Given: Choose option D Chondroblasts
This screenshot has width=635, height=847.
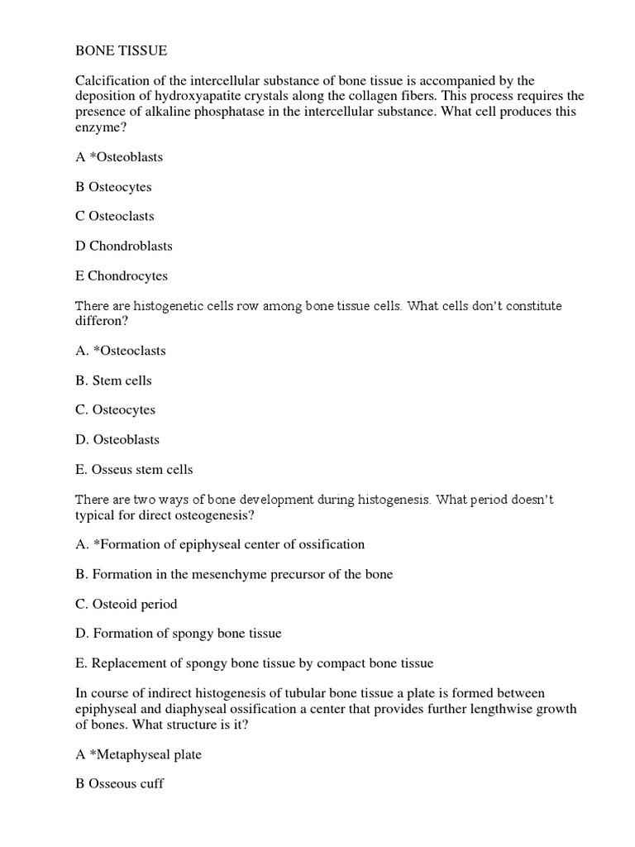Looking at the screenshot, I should click(x=124, y=246).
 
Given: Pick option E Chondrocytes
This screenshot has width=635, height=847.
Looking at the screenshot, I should click(x=122, y=275).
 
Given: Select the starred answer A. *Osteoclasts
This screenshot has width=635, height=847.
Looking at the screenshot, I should click(x=121, y=351).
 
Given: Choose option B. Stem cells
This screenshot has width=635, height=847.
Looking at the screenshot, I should click(x=114, y=380).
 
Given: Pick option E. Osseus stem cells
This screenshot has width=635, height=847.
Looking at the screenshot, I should click(x=134, y=469).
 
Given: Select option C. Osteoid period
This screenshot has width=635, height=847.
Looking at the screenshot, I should click(x=127, y=604).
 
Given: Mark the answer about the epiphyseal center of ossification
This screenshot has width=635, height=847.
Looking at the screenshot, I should click(x=220, y=544).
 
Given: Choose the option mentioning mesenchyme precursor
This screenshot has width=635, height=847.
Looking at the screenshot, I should click(x=234, y=574).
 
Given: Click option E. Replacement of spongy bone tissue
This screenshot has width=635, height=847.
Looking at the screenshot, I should click(x=255, y=663).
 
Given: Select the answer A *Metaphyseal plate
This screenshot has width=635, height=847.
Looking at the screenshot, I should click(x=139, y=754).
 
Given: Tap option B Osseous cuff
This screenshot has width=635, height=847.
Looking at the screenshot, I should click(x=120, y=783).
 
